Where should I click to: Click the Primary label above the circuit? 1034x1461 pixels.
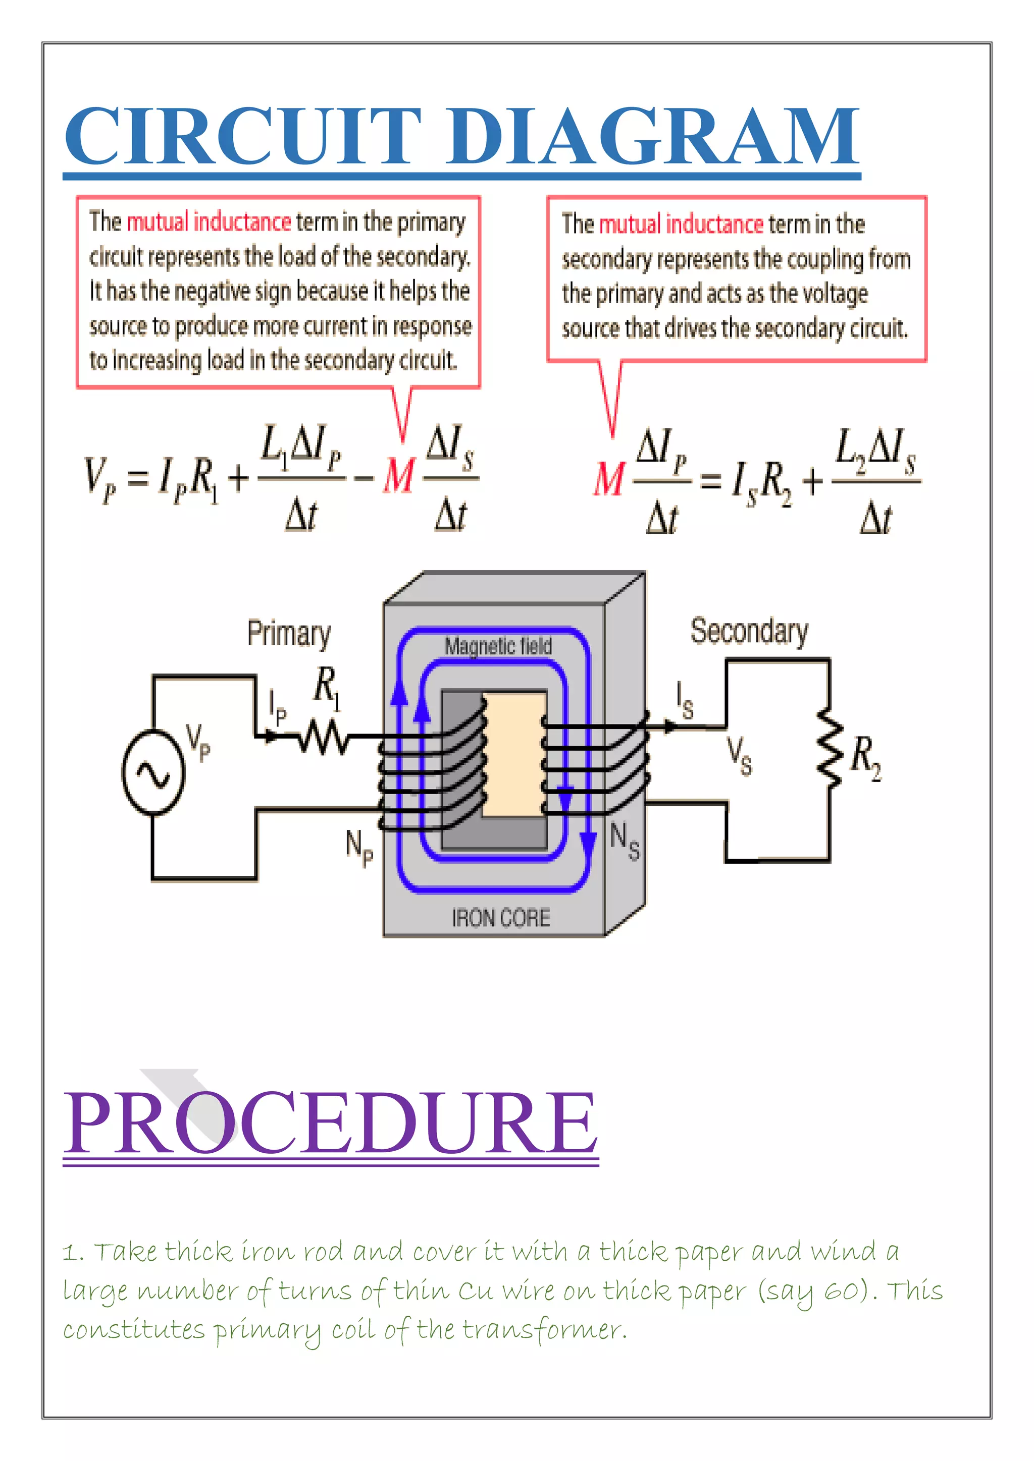click(x=289, y=633)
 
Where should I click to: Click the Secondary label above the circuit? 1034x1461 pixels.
click(x=749, y=631)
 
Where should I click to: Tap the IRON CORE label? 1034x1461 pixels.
click(x=501, y=918)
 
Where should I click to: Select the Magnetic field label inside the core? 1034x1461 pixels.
click(x=498, y=646)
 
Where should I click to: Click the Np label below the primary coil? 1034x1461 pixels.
click(x=359, y=848)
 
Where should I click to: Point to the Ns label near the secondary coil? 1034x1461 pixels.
click(x=625, y=841)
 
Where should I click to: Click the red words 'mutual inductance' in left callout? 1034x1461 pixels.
click(x=209, y=222)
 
